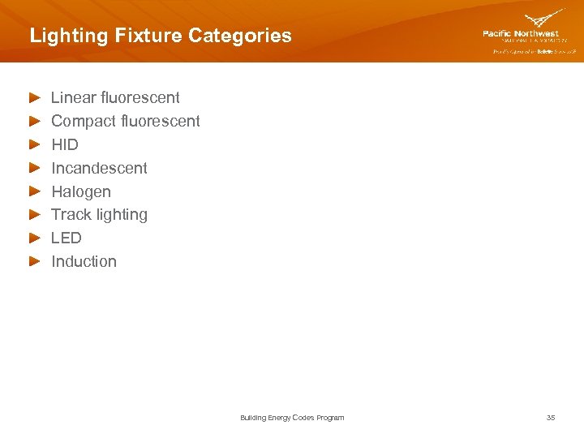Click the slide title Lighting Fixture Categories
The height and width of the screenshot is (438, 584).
tap(160, 36)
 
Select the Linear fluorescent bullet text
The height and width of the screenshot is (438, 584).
tap(115, 97)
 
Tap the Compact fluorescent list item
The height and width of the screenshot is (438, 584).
tap(125, 121)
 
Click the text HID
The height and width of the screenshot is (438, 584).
tap(65, 144)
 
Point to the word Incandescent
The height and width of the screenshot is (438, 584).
tap(99, 168)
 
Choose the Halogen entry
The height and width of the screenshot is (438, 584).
tap(81, 191)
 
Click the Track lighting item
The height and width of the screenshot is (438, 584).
tap(99, 214)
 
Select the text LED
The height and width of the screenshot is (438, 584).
tap(67, 238)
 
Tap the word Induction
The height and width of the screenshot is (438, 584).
tap(84, 261)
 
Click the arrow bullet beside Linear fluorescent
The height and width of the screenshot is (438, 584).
tap(34, 97)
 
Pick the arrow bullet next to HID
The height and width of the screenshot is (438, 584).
tap(34, 144)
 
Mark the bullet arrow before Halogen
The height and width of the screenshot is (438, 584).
tap(34, 191)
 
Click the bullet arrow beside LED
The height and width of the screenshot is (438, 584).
tap(34, 238)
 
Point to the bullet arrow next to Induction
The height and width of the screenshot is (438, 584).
tap(34, 261)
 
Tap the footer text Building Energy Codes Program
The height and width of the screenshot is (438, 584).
tap(292, 418)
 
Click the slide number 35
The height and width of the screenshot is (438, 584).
tap(551, 418)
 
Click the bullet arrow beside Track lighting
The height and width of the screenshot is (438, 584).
tap(34, 215)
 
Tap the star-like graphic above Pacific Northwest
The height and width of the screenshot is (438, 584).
tap(544, 19)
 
